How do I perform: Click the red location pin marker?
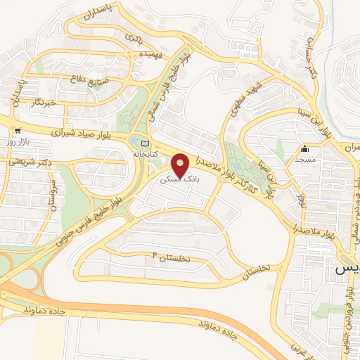click(x=181, y=165)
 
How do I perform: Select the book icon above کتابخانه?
click(x=146, y=142)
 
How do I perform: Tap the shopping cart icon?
click(x=17, y=131)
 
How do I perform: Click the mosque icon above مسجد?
click(x=304, y=149)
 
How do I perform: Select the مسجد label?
click(x=304, y=160)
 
